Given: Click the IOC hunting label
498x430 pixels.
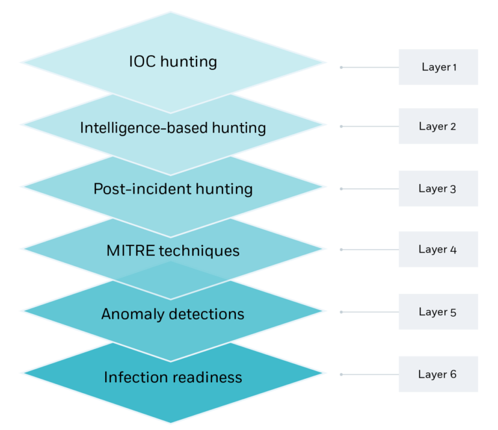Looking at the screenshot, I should click(172, 63).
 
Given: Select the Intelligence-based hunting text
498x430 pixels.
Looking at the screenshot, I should click(172, 128).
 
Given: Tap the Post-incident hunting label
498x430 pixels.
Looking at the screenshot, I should click(172, 189).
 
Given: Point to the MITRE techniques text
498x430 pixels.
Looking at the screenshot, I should click(172, 251).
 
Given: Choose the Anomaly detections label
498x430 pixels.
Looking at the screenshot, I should click(172, 314).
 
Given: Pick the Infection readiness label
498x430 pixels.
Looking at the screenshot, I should click(172, 377).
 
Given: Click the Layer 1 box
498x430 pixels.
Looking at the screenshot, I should click(438, 67).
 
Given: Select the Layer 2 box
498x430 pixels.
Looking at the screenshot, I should click(438, 126).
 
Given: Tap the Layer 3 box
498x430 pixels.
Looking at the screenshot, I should click(438, 189).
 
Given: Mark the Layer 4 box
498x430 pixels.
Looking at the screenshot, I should click(438, 249).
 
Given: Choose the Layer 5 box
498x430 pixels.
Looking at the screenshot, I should click(438, 312).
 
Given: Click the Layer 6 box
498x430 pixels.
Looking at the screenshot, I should click(438, 374).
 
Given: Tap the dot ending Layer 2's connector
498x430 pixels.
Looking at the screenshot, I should click(342, 126).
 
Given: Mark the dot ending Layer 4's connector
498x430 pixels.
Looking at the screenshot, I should click(342, 249).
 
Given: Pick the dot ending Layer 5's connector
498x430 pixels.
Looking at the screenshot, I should click(342, 312).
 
